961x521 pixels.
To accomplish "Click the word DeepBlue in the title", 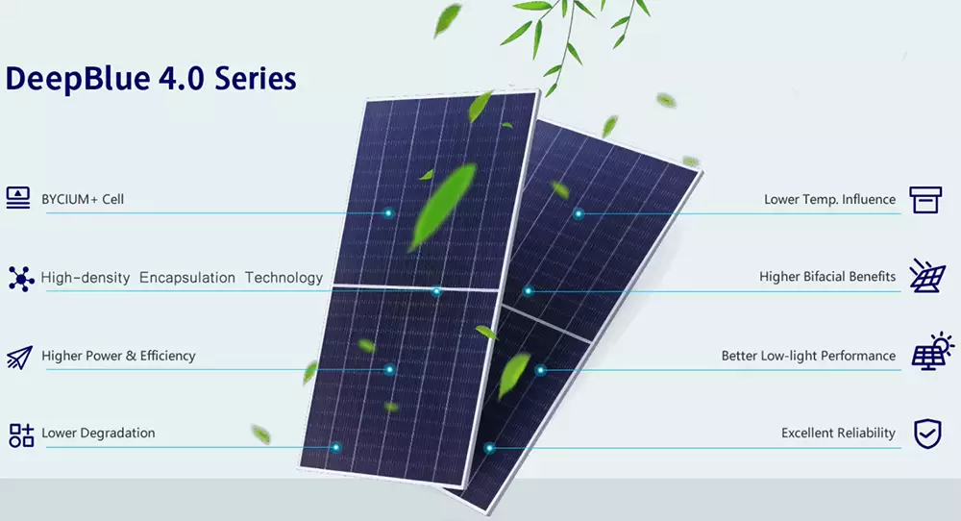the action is [x=78, y=80].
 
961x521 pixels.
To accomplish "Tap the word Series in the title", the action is [x=255, y=79].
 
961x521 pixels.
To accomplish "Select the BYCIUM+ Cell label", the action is [x=83, y=199].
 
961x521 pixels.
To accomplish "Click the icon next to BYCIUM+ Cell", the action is [x=17, y=198].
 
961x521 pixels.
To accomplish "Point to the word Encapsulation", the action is [x=187, y=278].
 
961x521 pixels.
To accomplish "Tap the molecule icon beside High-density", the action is [x=21, y=278].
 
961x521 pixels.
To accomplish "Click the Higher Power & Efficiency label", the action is [x=118, y=356].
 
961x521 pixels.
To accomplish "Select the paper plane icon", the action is [x=19, y=358].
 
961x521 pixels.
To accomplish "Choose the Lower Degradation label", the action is [x=98, y=433].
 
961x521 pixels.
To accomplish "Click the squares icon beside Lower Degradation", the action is [x=21, y=434].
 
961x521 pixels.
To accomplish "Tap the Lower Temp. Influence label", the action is [x=830, y=199].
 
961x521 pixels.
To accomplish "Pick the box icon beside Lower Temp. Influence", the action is [x=925, y=200].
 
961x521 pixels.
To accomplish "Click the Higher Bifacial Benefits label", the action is [x=827, y=277].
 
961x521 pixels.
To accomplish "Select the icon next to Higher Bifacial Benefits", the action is [x=927, y=275].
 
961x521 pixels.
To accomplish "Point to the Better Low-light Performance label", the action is [x=808, y=356].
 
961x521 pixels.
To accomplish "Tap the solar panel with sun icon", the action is [x=932, y=351].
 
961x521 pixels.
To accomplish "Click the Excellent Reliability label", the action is [x=838, y=433].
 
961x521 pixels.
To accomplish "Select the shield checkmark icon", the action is [x=927, y=434].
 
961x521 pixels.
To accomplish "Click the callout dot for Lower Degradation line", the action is [x=335, y=447].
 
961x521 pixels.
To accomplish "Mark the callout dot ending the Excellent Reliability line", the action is [x=489, y=449].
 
